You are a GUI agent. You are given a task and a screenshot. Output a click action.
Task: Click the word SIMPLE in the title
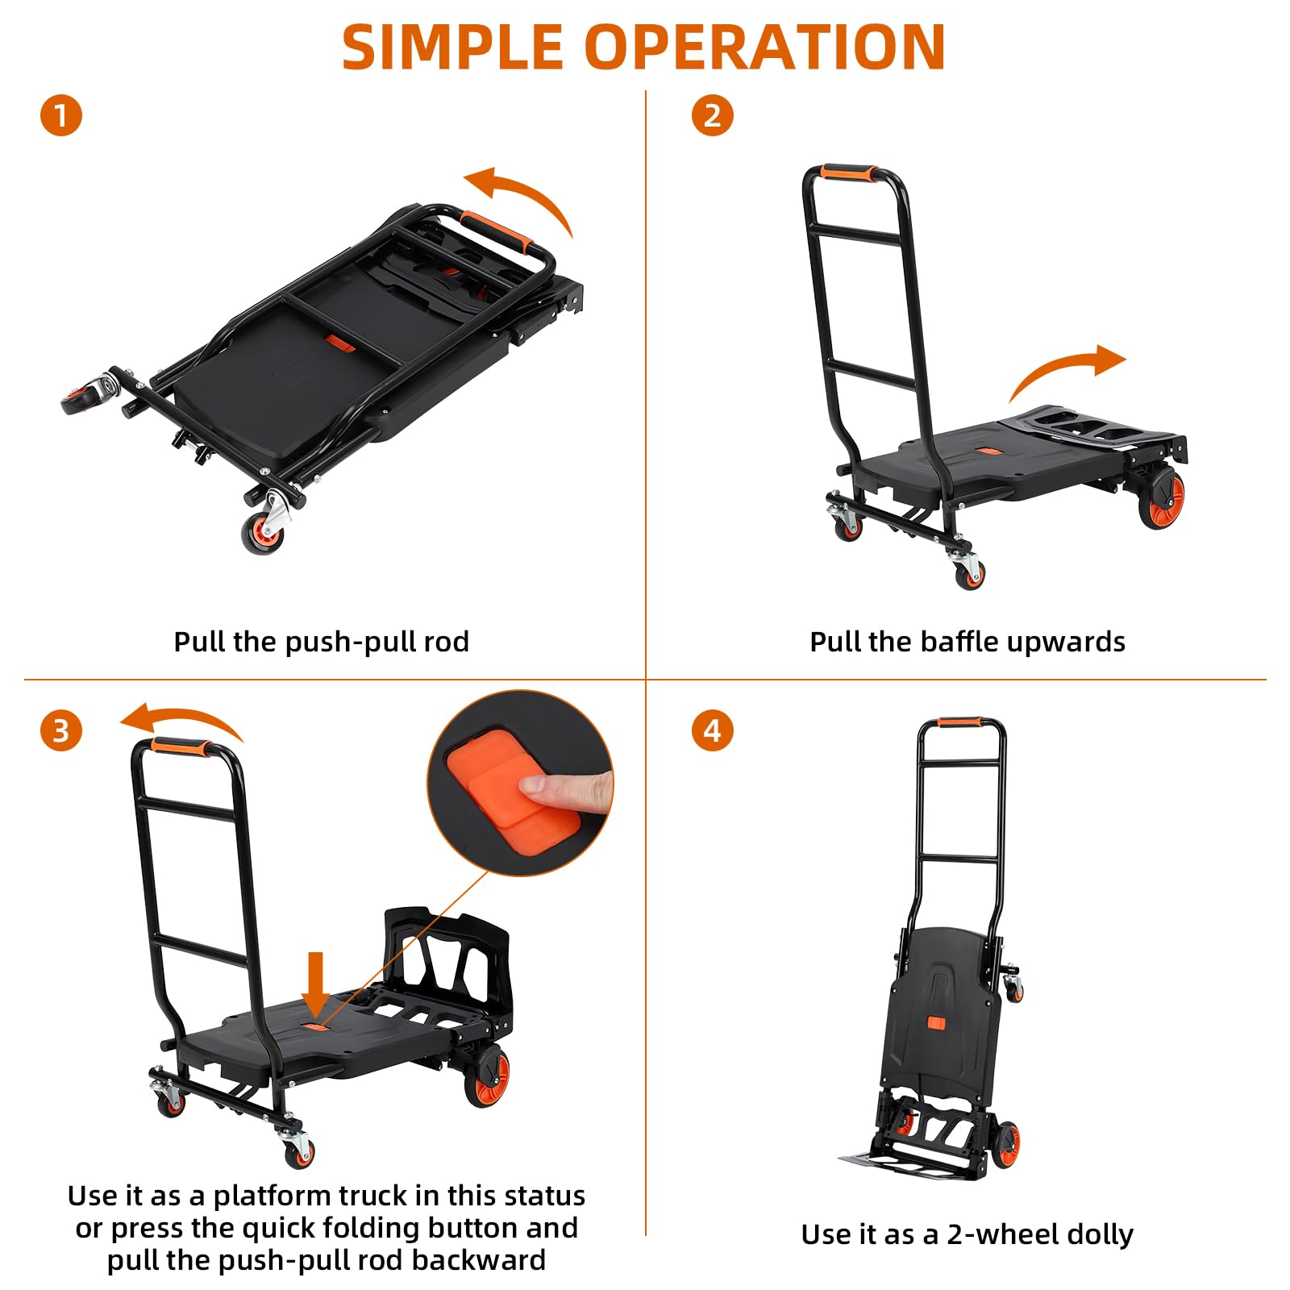452,47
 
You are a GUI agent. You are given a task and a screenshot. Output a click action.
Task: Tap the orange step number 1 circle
61,115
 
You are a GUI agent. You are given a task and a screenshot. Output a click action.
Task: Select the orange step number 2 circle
713,115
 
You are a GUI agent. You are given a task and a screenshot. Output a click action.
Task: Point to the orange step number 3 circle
61,731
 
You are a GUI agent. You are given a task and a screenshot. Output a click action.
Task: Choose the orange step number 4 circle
713,731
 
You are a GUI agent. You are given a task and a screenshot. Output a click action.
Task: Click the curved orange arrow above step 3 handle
181,716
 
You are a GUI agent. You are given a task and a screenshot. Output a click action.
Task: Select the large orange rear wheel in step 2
1161,499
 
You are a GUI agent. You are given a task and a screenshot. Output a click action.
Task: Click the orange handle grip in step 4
959,722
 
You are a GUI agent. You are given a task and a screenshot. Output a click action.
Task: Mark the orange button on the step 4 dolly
935,1023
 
